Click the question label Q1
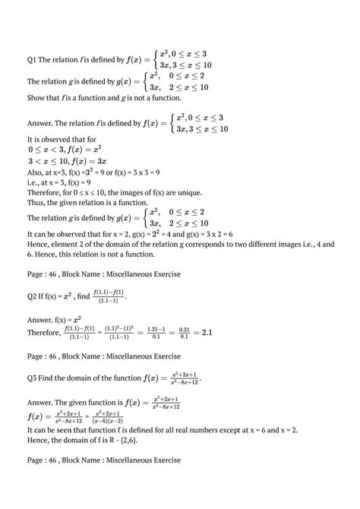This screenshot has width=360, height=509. pyautogui.click(x=32, y=59)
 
